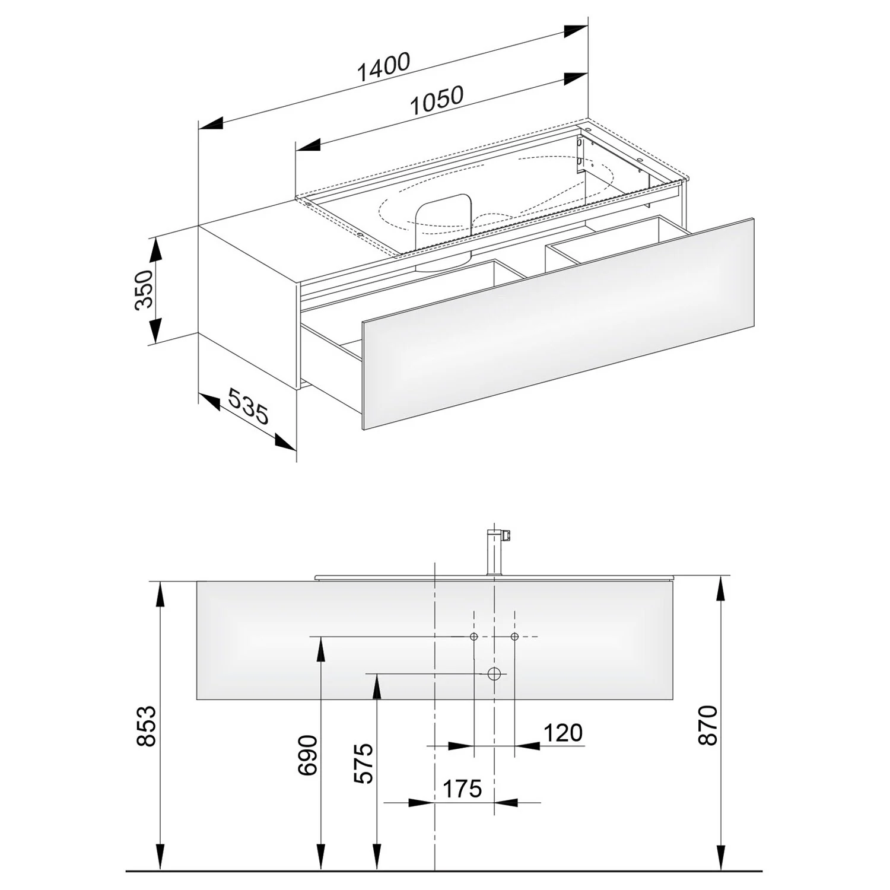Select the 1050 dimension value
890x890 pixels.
(437, 100)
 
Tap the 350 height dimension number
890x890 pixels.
(144, 289)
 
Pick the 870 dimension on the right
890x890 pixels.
(708, 725)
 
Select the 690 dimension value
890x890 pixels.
(309, 755)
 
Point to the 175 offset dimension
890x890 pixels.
(462, 789)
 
